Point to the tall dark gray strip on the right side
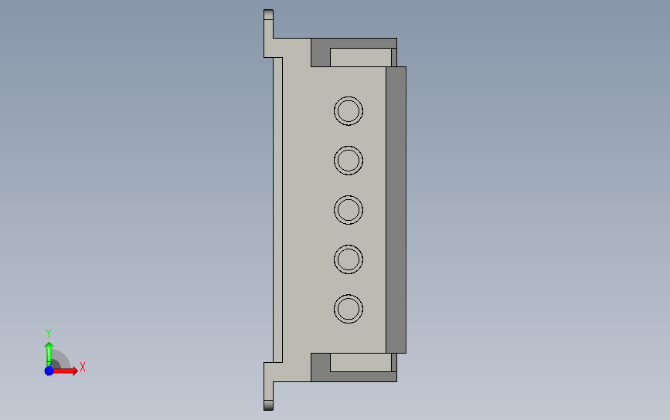pos(396,210)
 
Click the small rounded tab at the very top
pos(268,15)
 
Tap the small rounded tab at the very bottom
pos(268,405)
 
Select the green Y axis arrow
pos(49,354)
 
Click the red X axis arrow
pos(64,371)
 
